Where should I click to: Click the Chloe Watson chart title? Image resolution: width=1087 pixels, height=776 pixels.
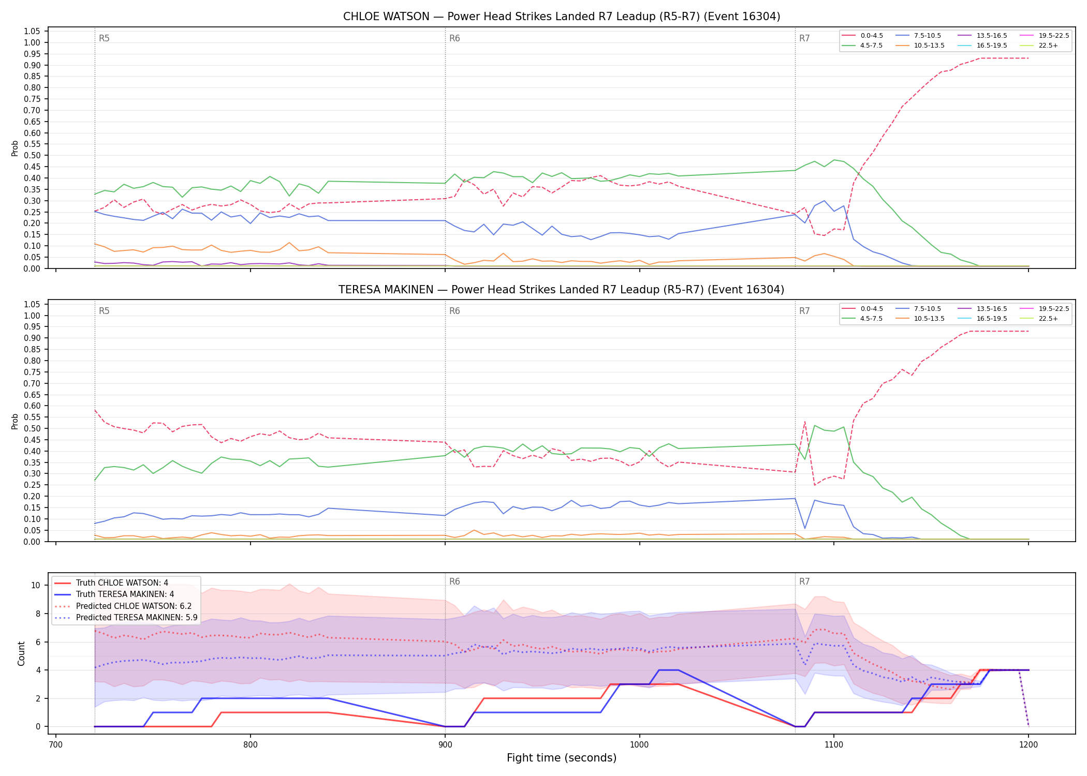coord(562,17)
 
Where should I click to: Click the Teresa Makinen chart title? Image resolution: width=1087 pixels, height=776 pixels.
coord(562,290)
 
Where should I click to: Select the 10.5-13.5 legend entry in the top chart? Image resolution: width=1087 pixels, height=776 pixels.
coord(921,46)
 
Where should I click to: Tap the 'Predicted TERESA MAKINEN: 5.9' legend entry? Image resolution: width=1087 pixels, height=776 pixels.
coord(126,617)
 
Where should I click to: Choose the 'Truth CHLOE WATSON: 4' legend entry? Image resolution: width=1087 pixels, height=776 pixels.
coord(111,583)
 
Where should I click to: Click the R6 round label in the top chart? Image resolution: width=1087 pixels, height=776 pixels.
coord(454,38)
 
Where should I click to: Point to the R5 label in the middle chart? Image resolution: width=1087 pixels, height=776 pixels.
coord(104,311)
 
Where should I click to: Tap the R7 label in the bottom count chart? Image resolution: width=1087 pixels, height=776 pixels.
coord(804,581)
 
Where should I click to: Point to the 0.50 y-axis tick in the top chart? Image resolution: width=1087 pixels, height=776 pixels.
coord(32,155)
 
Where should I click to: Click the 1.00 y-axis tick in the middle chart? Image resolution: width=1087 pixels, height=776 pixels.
coord(32,316)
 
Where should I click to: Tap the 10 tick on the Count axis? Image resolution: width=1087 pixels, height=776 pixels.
coord(36,586)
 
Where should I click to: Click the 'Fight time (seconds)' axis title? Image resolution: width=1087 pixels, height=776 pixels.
coord(562,758)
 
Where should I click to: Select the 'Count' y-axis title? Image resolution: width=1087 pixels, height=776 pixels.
coord(21,653)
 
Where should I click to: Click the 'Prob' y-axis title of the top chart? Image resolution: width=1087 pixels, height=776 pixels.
coord(15,148)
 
